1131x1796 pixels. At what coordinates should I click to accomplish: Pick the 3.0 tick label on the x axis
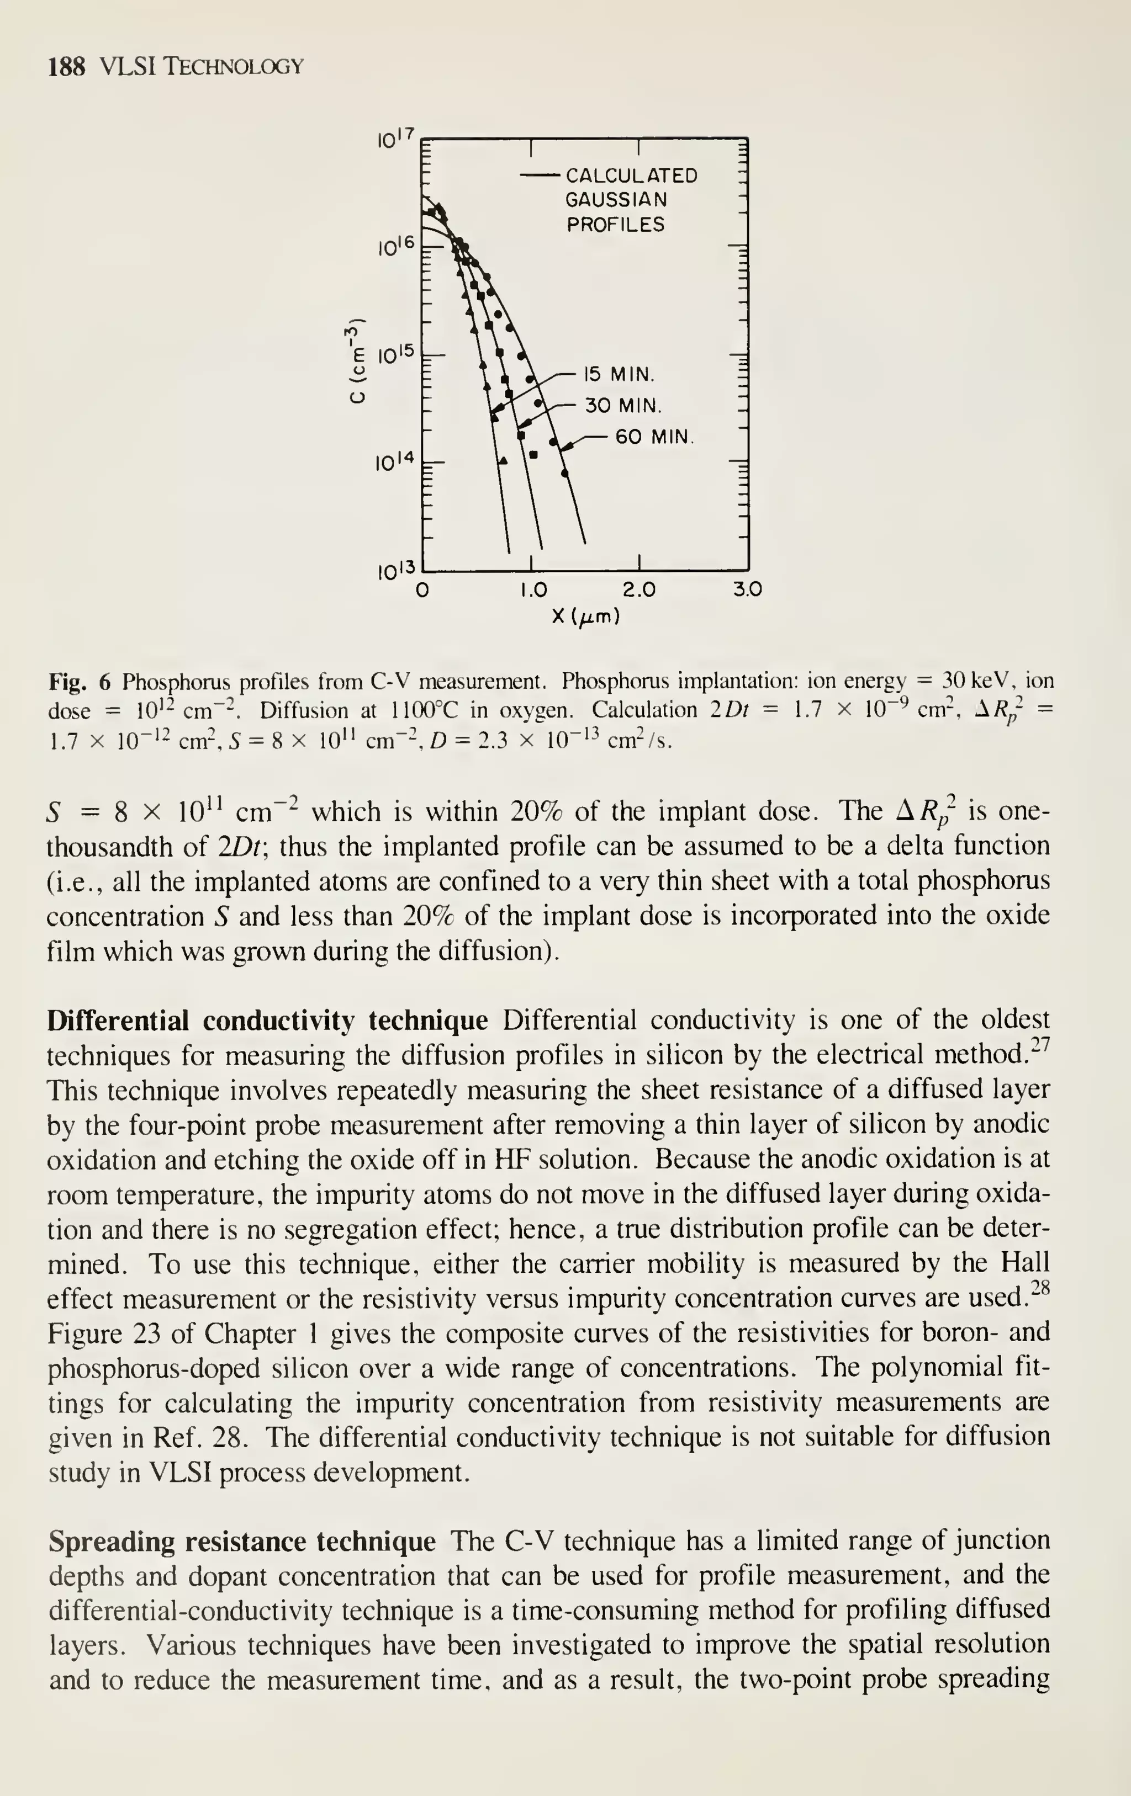pyautogui.click(x=747, y=591)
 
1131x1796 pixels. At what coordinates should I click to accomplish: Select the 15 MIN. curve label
pyautogui.click(x=619, y=374)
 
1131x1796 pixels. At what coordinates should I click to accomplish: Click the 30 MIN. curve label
pyautogui.click(x=623, y=406)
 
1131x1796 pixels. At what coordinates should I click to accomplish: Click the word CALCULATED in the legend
pyautogui.click(x=632, y=176)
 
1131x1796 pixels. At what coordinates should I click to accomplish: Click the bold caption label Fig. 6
pyautogui.click(x=79, y=681)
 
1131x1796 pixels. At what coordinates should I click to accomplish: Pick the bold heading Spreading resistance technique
pyautogui.click(x=242, y=1542)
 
